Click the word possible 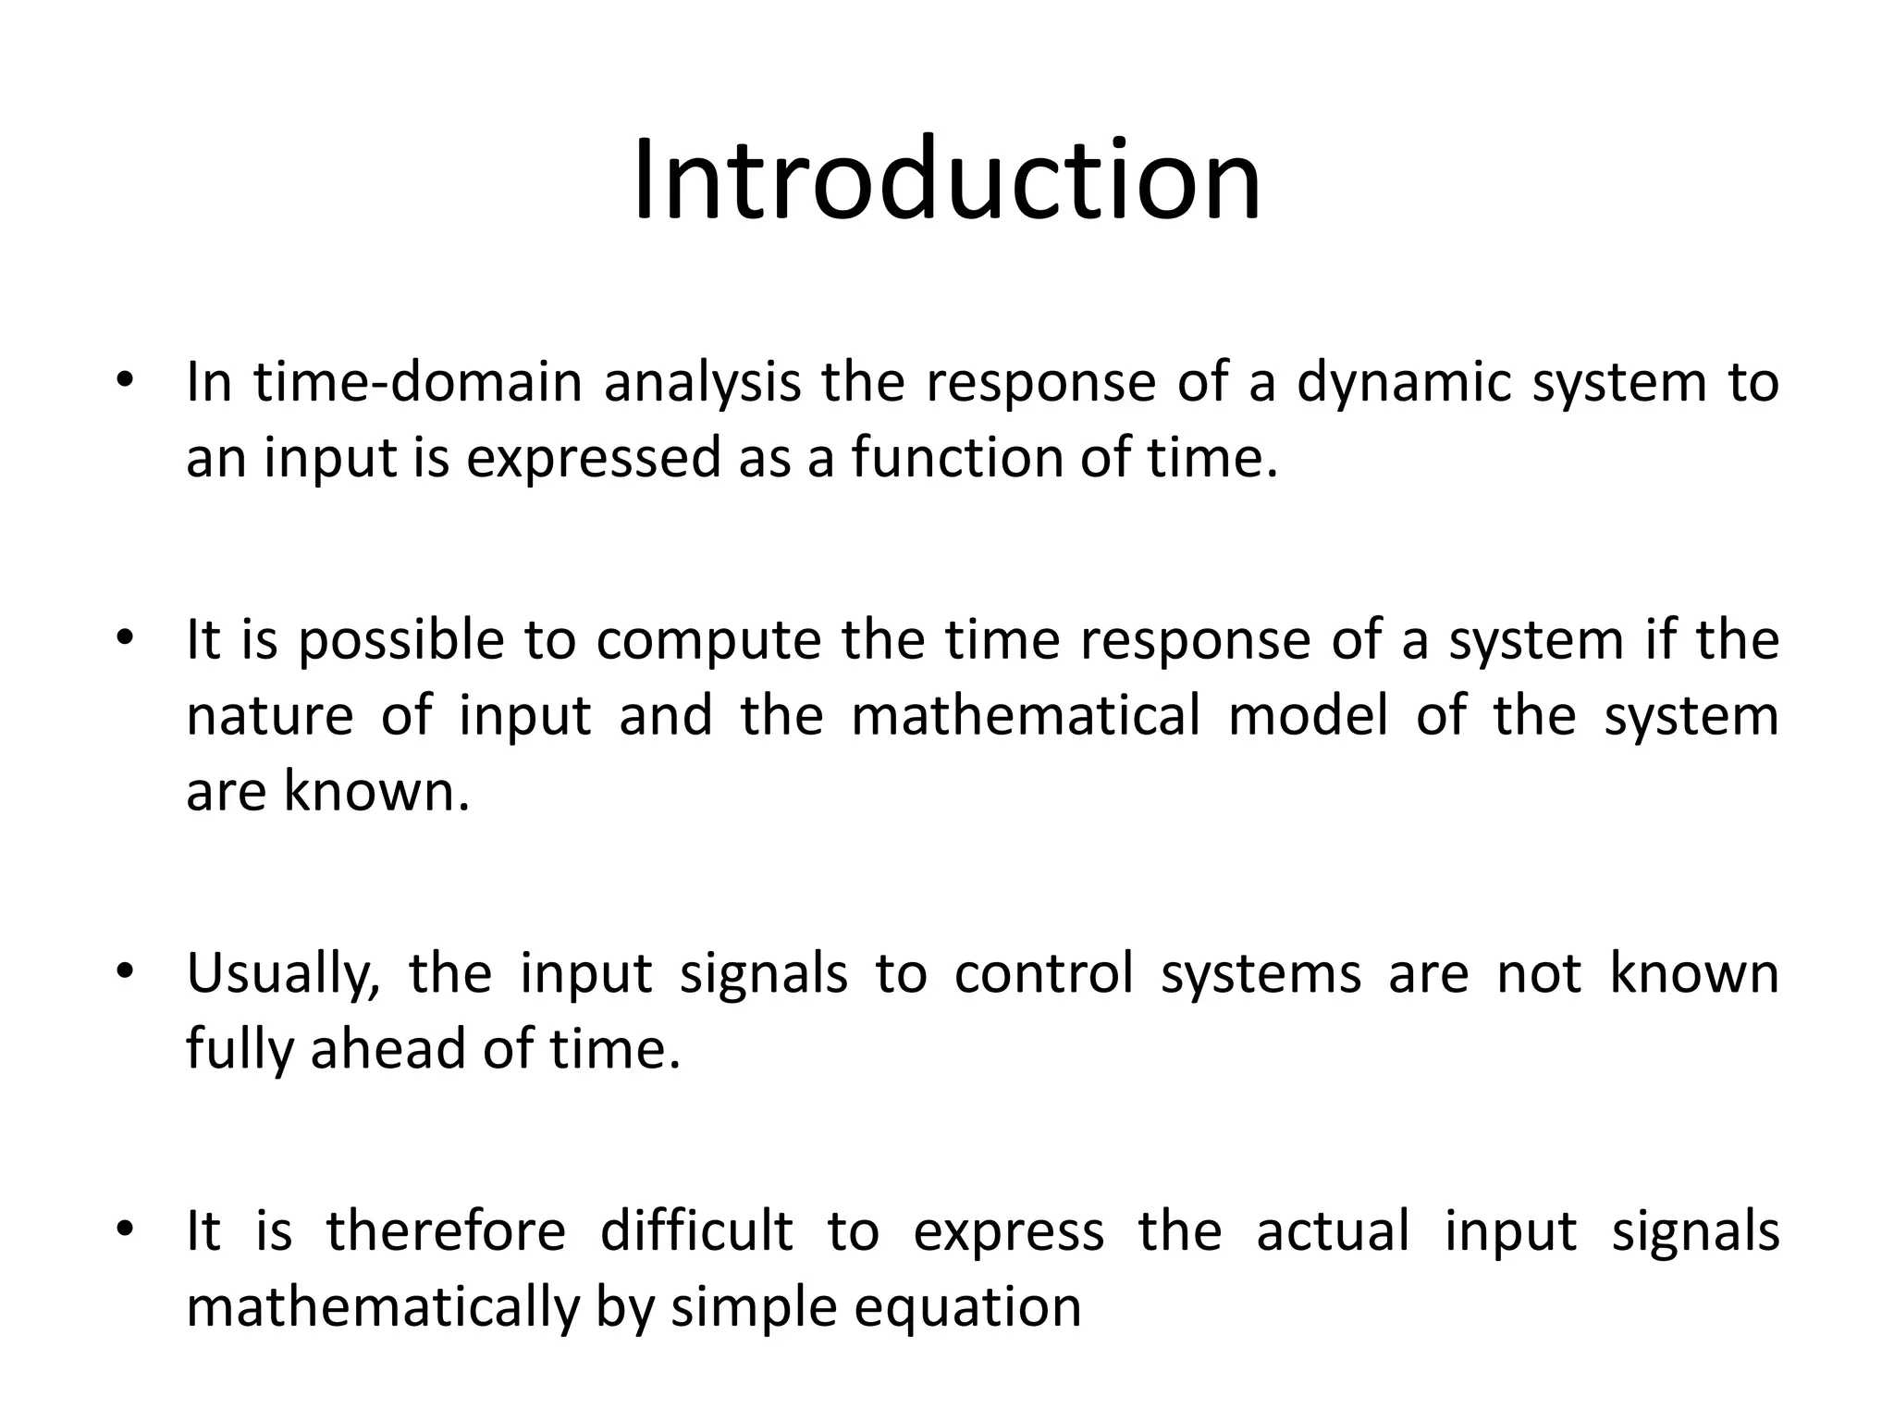(400, 640)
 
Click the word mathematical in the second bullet (1025, 716)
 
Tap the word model (1308, 716)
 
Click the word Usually (283, 975)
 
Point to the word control (1043, 973)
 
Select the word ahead (387, 1049)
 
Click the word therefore (445, 1231)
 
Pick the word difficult (696, 1231)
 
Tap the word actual (1333, 1231)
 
